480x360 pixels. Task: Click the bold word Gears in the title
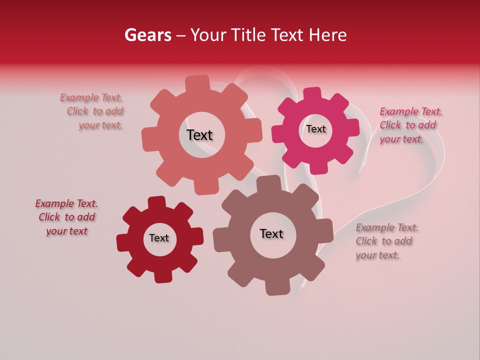coord(148,35)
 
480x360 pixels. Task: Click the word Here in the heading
coord(327,35)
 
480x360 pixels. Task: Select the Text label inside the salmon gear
coord(199,135)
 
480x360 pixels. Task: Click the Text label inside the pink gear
coord(315,129)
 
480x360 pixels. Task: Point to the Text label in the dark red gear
coord(159,238)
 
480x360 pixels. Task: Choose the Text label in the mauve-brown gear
coord(271,233)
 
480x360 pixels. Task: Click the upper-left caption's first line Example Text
coord(91,97)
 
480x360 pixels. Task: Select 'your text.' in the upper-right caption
coord(401,139)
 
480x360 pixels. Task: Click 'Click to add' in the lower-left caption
coord(67,217)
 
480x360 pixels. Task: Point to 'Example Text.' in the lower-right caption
coord(387,227)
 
